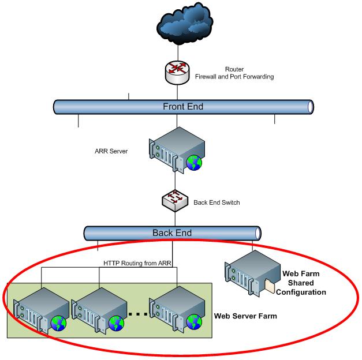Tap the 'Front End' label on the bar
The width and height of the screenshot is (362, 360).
coord(182,107)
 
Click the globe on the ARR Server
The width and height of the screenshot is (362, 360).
coord(194,163)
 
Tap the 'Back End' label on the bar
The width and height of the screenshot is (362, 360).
coord(171,233)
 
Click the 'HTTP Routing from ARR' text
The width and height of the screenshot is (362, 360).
coord(136,264)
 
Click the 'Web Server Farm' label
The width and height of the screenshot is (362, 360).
coord(245,317)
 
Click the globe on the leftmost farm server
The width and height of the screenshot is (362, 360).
coord(58,324)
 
